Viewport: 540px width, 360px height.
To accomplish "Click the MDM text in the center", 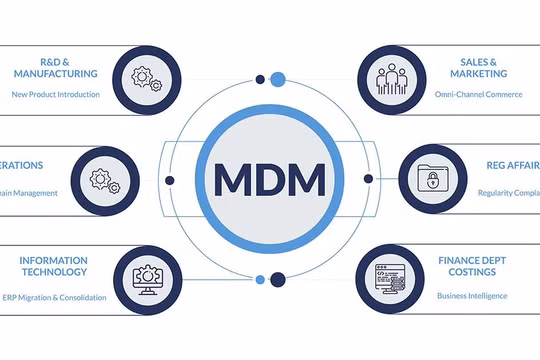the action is pyautogui.click(x=269, y=180).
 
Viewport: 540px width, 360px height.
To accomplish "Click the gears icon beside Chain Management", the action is pyautogui.click(x=104, y=180).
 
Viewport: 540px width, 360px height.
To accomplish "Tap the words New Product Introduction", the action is pyautogui.click(x=56, y=95).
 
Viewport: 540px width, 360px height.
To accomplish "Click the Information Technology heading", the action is pyautogui.click(x=53, y=266).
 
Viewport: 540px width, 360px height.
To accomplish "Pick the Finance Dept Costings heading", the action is pyautogui.click(x=479, y=266).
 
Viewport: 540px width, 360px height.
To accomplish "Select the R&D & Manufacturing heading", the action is pyautogui.click(x=55, y=66).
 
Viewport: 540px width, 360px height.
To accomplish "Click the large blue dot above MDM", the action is pyautogui.click(x=278, y=79).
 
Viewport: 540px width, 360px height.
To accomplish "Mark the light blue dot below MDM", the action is pyautogui.click(x=261, y=279).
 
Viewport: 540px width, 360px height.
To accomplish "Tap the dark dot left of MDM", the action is pyautogui.click(x=170, y=180).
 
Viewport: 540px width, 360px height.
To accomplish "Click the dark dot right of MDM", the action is pyautogui.click(x=368, y=180).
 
